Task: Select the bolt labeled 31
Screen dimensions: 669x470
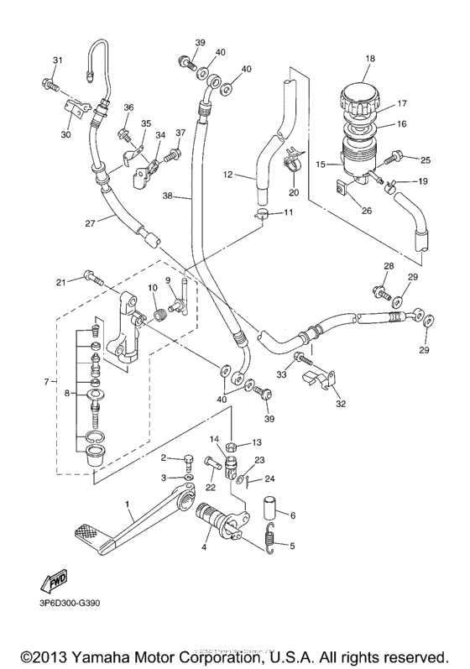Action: [x=49, y=84]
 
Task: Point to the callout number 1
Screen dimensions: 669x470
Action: [x=128, y=507]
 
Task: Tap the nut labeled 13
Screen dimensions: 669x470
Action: [x=232, y=442]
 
